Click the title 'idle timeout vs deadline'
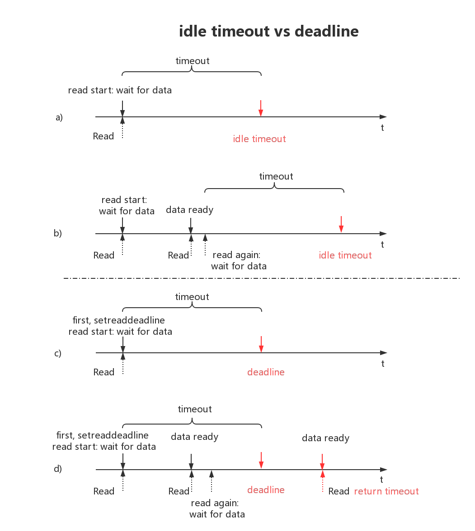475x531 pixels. [269, 31]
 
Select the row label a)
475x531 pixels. [59, 117]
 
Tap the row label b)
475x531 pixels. [58, 233]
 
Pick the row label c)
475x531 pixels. [58, 353]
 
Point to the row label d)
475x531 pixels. [58, 469]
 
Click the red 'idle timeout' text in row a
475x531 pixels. [259, 139]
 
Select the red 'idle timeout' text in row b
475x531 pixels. [345, 255]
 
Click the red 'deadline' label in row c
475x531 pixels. [266, 372]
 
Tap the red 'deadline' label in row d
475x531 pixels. [266, 489]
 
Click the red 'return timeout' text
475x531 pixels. [386, 491]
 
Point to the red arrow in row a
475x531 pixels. [261, 108]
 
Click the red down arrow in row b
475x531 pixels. [341, 225]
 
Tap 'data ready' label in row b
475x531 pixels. [190, 210]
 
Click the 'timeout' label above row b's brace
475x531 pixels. [276, 176]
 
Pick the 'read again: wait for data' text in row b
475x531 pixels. [239, 260]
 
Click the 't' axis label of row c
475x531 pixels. [383, 364]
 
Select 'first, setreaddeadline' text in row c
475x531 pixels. [119, 320]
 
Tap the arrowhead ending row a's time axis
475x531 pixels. [383, 117]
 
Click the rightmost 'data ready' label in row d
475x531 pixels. [326, 438]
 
